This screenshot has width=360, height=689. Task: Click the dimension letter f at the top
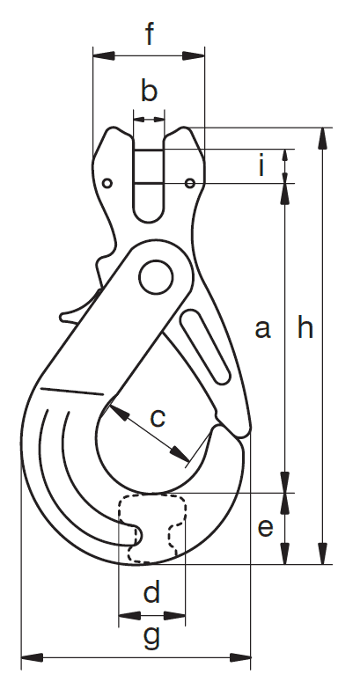[150, 34]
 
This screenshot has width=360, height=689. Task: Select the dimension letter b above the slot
[149, 91]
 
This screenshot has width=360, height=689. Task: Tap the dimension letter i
[262, 165]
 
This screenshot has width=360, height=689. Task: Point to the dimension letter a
[262, 329]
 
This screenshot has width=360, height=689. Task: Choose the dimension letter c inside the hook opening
[158, 418]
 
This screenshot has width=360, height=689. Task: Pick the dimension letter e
[265, 527]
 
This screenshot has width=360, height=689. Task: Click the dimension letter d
[151, 591]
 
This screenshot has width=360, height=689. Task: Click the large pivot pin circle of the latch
[156, 277]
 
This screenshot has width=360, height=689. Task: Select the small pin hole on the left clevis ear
[107, 183]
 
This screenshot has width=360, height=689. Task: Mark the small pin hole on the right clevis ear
[190, 183]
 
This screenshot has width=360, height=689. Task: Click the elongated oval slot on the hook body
[204, 347]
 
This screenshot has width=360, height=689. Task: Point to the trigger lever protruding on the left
[76, 312]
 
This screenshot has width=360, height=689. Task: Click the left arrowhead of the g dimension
[32, 658]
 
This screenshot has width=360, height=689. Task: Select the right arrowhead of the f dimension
[194, 55]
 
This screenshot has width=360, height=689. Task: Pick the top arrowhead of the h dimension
[323, 138]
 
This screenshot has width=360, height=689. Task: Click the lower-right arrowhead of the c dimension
[180, 455]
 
